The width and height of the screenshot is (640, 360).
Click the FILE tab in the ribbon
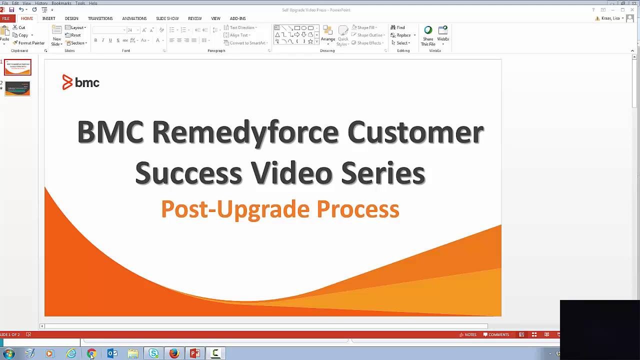[6, 18]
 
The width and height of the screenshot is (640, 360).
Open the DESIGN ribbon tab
[71, 18]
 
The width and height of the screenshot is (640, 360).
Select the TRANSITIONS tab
[100, 18]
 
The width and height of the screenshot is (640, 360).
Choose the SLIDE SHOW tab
[167, 18]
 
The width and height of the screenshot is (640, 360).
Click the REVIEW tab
[195, 18]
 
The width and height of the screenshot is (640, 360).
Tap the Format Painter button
[29, 43]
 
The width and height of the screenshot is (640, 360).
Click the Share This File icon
[428, 35]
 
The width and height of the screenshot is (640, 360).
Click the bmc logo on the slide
[81, 82]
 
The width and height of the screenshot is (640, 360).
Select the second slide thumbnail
[17, 88]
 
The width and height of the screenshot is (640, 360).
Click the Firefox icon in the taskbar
[174, 353]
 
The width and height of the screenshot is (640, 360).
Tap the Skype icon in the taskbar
[153, 353]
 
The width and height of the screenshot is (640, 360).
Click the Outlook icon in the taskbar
[112, 353]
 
